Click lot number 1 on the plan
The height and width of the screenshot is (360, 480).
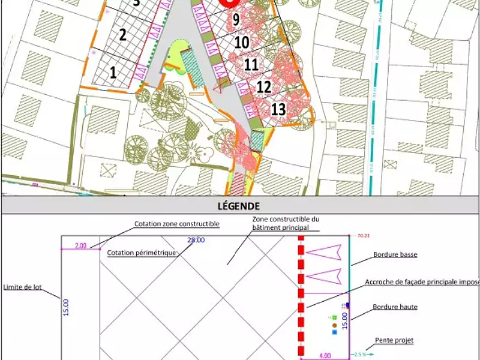113,73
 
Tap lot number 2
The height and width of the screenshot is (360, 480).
122,34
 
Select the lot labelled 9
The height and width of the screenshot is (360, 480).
236,20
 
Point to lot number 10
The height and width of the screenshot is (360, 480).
241,43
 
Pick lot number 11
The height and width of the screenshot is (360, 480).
251,64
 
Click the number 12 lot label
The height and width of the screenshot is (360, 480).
264,87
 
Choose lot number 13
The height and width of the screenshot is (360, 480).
278,109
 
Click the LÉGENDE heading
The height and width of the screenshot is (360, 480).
240,206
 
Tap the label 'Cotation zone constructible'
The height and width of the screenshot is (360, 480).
176,224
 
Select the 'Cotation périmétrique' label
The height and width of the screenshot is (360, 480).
142,253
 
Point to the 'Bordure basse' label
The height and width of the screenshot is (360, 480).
395,254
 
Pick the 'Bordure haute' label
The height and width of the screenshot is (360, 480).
395,307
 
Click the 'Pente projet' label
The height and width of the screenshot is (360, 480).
394,340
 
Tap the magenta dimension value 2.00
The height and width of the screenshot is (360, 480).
80,245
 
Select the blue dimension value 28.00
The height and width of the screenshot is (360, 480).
196,240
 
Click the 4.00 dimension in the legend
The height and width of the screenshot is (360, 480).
324,355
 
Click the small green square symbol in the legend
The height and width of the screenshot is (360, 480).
335,317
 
